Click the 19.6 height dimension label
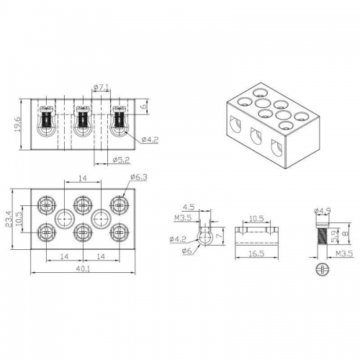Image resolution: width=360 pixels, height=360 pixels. point(18,125)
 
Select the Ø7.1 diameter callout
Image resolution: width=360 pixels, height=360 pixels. point(102,87)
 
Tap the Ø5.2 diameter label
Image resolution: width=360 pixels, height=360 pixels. point(121,160)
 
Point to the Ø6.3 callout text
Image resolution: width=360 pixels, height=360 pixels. point(138,177)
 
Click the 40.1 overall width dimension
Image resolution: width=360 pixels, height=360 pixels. point(83,269)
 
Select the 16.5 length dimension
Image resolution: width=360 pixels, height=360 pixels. point(256,253)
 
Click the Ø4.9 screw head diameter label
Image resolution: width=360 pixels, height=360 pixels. point(323,211)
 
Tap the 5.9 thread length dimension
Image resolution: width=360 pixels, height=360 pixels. point(333,236)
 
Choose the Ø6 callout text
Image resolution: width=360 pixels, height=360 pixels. point(187,251)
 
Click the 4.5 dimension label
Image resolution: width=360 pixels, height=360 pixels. point(189,207)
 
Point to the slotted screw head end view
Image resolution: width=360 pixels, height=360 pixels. point(322,269)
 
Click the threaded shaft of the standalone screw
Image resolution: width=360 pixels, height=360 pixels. point(323,236)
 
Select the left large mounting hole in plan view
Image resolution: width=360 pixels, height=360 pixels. point(65,219)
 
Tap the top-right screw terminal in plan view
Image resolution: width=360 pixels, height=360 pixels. point(120,205)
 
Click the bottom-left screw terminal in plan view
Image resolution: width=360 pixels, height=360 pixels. point(47,233)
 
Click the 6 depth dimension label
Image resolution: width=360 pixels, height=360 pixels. point(144,106)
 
